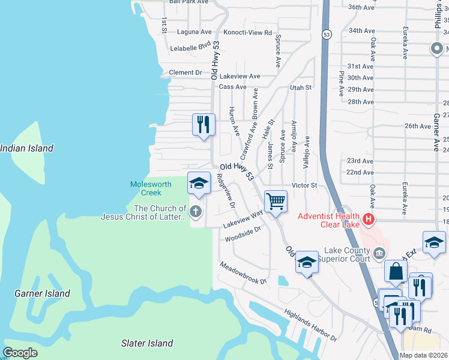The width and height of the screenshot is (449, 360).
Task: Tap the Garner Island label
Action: coord(42,293)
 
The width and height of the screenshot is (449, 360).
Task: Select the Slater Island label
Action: coord(147,343)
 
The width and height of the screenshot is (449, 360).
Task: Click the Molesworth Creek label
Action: coord(151,188)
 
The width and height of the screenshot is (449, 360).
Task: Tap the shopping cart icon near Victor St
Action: coord(276,201)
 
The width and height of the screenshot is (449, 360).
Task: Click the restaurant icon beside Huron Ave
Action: coord(203,125)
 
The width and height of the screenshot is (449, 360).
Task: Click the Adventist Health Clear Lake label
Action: coord(329,220)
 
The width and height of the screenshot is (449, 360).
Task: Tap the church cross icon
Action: coord(195,211)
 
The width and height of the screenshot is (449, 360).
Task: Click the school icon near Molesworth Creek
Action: coord(199,183)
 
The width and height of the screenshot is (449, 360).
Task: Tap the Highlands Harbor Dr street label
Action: coord(310,325)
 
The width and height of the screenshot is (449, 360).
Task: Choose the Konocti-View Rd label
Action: coord(247,32)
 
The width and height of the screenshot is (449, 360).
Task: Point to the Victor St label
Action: coord(304,185)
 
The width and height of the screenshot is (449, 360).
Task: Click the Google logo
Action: coord(20,353)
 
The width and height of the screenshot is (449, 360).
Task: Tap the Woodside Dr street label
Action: coord(243,234)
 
